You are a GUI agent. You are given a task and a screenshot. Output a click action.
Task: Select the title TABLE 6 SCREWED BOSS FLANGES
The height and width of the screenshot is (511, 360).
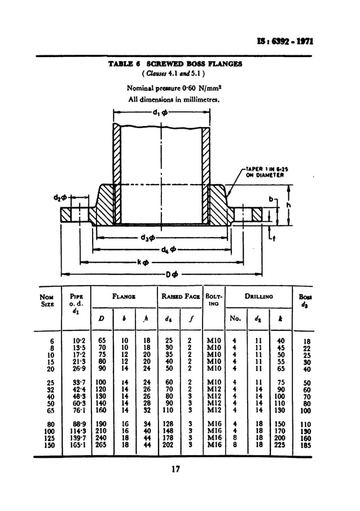(175, 64)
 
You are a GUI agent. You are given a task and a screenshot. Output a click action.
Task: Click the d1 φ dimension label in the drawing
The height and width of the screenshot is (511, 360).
(160, 112)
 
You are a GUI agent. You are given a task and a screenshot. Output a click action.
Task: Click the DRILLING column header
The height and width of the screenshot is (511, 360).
(258, 296)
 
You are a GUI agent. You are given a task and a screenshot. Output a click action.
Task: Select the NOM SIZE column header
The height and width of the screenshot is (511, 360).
(46, 299)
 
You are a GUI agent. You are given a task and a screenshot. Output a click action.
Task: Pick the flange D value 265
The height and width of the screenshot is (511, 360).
(102, 445)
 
